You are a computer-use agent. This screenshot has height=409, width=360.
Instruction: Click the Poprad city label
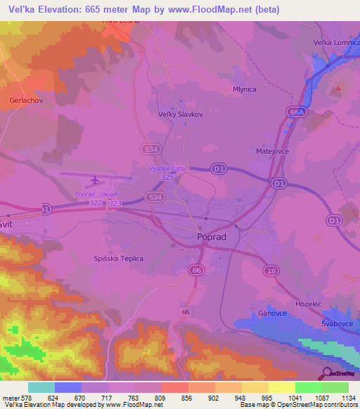point(212,238)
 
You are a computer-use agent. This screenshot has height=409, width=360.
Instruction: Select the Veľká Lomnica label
point(335,43)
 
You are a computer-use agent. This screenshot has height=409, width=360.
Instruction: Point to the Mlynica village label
point(244,90)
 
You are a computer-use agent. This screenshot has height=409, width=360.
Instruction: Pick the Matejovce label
point(272,151)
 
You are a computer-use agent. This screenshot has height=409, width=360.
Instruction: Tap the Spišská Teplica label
point(118,259)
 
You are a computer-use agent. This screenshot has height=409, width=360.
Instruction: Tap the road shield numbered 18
point(271,270)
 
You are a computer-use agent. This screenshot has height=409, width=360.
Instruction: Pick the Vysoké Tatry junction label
point(166,169)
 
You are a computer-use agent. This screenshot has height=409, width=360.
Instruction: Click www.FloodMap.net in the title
point(215,10)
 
